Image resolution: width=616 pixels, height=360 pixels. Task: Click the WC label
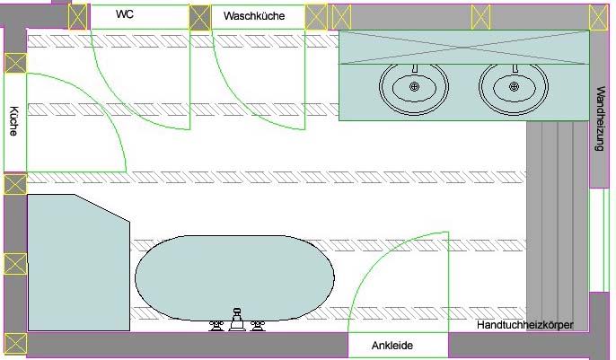pos(125,14)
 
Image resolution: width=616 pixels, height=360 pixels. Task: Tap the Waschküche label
pos(254,16)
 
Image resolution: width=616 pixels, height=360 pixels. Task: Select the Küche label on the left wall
pos(13,120)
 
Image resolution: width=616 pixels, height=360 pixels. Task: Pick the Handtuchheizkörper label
pos(525,324)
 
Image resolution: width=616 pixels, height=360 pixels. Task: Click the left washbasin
pos(414,86)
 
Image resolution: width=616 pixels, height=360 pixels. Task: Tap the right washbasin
pos(514,86)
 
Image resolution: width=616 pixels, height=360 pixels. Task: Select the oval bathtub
pos(234,276)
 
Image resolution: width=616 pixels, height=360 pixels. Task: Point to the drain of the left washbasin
pos(414,86)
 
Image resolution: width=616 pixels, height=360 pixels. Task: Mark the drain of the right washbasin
pos(514,86)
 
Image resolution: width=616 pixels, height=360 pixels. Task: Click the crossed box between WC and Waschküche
pos(200,16)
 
